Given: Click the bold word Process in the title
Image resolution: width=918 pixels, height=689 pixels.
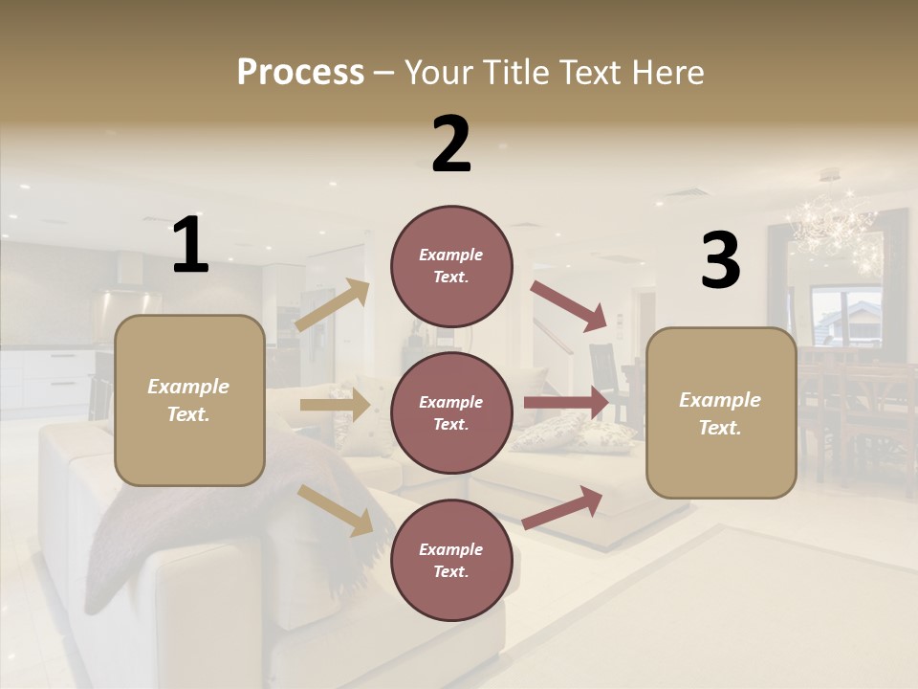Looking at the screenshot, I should pyautogui.click(x=300, y=72).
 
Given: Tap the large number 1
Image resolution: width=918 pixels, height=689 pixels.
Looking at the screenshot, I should pyautogui.click(x=190, y=245).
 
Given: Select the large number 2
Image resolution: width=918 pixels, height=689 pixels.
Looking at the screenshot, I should pyautogui.click(x=451, y=144).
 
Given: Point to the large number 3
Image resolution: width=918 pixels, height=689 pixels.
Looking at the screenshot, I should pyautogui.click(x=720, y=261).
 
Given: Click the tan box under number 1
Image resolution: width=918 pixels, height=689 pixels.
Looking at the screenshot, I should pyautogui.click(x=189, y=400).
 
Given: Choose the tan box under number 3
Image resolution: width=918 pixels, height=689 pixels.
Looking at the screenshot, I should pyautogui.click(x=721, y=413).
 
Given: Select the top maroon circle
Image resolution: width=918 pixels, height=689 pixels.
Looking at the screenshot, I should pyautogui.click(x=451, y=266).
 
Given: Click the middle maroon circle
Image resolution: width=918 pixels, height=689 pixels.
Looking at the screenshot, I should pyautogui.click(x=451, y=412).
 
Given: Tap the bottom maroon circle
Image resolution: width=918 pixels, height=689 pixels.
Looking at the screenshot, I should pyautogui.click(x=451, y=560).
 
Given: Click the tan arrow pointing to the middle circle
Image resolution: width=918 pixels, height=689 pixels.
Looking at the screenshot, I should pyautogui.click(x=335, y=405).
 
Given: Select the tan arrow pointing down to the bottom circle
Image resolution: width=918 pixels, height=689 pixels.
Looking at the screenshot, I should pyautogui.click(x=336, y=510).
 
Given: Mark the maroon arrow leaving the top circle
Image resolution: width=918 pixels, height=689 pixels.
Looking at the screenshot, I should pyautogui.click(x=568, y=306).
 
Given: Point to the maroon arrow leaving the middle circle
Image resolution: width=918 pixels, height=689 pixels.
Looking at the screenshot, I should pyautogui.click(x=566, y=403).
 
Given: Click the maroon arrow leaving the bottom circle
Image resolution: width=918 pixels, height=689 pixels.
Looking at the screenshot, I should pyautogui.click(x=563, y=507).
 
